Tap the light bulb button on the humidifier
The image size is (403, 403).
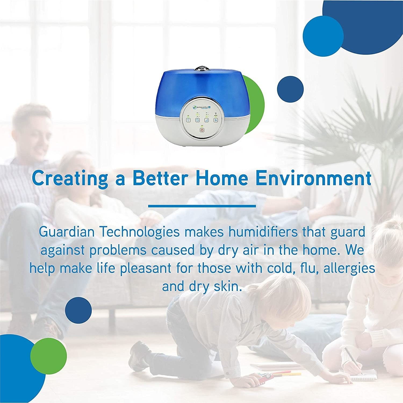click(189, 120)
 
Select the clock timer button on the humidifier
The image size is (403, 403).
click(197, 120)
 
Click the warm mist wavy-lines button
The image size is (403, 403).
click(216, 120)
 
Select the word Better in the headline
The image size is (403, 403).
click(159, 178)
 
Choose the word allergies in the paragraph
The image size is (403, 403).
click(349, 268)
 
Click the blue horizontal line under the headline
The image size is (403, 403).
click(202, 206)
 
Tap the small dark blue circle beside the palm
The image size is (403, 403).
click(290, 89)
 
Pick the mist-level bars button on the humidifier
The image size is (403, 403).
click(207, 120)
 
